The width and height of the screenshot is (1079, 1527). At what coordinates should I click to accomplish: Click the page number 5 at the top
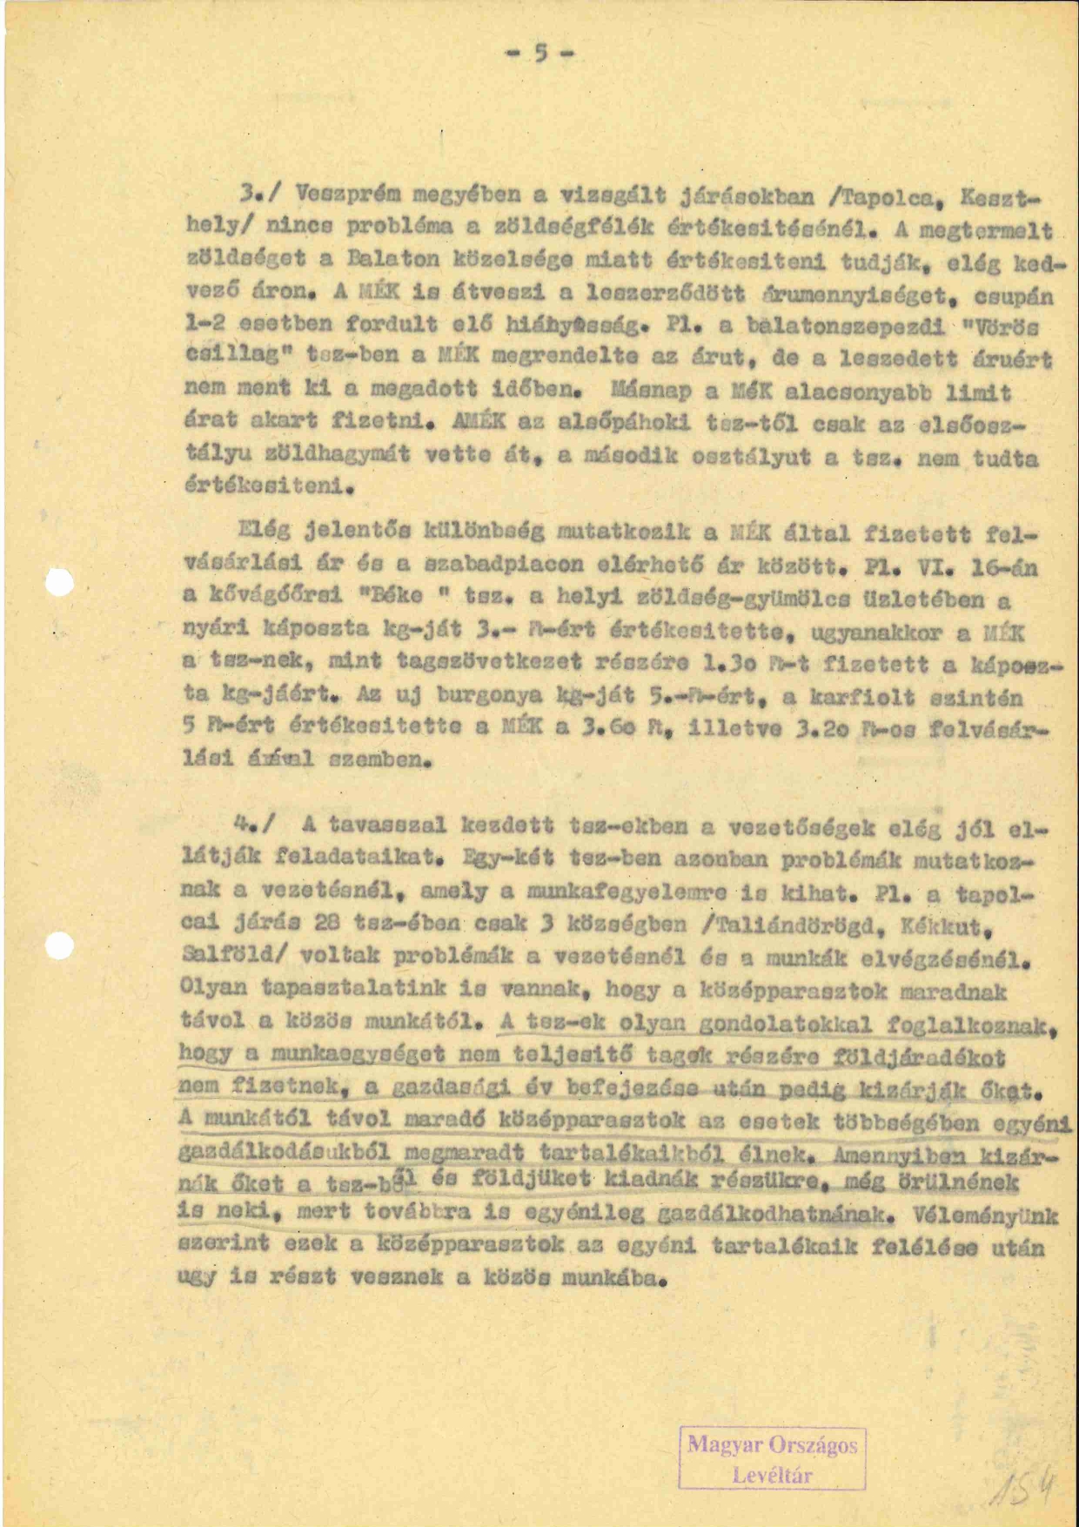[540, 55]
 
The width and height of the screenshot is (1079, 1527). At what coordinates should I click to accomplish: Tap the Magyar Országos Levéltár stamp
[772, 1458]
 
